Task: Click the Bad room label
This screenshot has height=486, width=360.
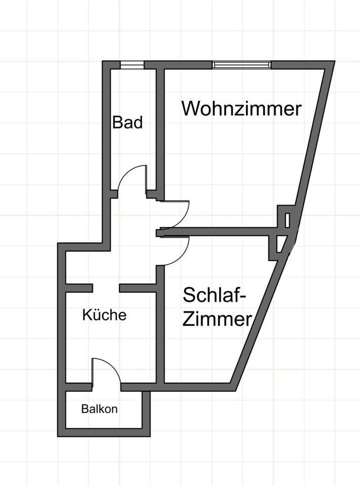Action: [128, 123]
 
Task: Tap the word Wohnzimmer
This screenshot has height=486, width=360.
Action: [242, 109]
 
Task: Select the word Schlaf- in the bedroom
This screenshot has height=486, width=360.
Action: [215, 295]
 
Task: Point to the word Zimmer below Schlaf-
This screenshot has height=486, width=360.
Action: [217, 319]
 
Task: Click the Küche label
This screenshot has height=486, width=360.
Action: [104, 315]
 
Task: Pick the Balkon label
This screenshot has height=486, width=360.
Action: [99, 409]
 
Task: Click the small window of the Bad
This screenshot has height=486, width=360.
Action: [132, 65]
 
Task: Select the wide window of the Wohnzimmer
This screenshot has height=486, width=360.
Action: [242, 65]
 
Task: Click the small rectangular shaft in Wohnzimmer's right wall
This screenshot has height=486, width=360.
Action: [288, 220]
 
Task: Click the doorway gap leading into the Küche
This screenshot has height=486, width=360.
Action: [106, 288]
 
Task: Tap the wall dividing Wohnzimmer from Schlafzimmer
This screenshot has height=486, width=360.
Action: [223, 231]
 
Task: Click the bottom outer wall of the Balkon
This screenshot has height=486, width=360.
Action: [104, 433]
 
